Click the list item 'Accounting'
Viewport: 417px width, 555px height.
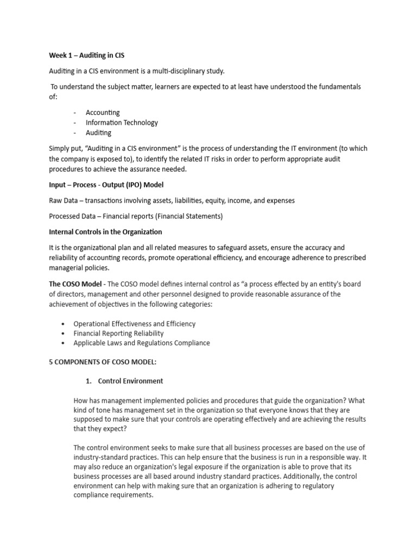point(103,113)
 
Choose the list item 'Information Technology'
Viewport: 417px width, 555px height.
point(122,122)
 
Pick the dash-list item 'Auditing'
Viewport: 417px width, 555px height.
point(98,133)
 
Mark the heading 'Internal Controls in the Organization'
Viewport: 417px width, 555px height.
point(105,232)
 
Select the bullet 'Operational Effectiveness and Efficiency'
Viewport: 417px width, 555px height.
point(134,324)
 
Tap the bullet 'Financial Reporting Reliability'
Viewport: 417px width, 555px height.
point(118,333)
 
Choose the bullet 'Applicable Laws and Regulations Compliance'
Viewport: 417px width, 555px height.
point(141,343)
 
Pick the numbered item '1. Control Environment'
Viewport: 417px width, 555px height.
point(123,381)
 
